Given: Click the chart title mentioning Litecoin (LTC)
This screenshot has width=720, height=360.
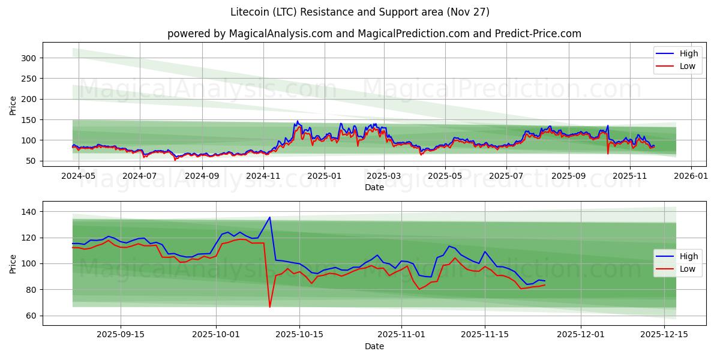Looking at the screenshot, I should coord(360,12).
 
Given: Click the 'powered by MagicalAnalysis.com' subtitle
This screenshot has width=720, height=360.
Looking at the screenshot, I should coord(374,34).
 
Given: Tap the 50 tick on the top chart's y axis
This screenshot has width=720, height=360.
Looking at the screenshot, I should coord(31,161).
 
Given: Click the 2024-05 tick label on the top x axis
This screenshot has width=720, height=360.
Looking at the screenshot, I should coord(79,176).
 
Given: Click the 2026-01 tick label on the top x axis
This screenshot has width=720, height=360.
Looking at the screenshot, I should coord(691,176).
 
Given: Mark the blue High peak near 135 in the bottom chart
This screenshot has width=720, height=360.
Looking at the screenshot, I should coord(269,217).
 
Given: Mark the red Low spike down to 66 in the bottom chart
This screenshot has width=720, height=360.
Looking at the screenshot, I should coord(270,307).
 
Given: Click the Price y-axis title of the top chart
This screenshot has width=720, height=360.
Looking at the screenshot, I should coord(13,106).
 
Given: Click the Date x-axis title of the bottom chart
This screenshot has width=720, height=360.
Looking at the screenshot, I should coord(374,346).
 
